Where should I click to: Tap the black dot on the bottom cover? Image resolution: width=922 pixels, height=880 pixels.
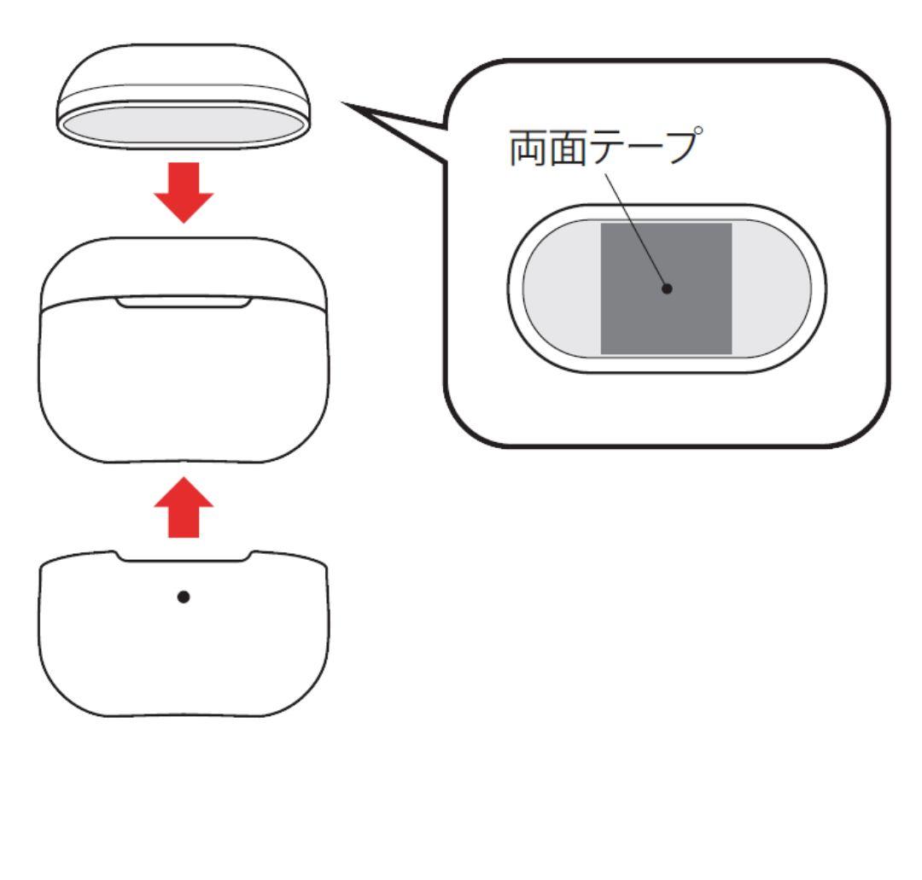coord(184,597)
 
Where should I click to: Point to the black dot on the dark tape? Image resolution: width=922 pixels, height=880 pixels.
coord(667,288)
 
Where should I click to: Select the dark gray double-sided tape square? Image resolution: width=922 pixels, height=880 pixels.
coord(666,288)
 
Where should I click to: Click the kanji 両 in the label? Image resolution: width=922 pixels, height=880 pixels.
coord(528,148)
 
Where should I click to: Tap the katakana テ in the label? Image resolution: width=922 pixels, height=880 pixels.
coord(607,148)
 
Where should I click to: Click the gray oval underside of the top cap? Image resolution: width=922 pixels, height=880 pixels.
coord(184,125)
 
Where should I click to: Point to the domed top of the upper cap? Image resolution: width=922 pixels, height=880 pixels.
coord(184,67)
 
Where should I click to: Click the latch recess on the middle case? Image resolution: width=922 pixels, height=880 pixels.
coord(184,302)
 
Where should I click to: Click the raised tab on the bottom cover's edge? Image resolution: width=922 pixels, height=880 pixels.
coord(184,556)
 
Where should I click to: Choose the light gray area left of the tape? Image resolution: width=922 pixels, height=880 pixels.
coord(563,288)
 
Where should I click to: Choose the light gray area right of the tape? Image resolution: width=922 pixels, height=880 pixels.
coord(771,288)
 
